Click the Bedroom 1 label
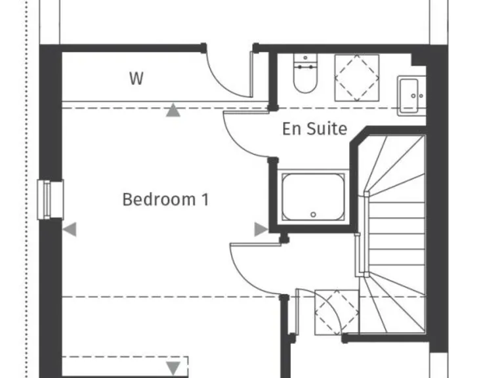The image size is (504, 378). (165, 199)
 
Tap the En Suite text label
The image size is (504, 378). (314, 129)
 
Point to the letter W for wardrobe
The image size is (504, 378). (136, 79)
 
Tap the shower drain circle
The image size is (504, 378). (314, 215)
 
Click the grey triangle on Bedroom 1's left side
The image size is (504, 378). (70, 229)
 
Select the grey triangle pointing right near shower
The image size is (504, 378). (261, 229)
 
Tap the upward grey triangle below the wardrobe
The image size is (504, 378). (173, 110)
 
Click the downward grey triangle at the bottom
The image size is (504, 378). (173, 368)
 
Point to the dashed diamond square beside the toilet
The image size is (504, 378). (357, 77)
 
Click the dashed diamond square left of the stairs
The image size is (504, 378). (337, 312)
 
